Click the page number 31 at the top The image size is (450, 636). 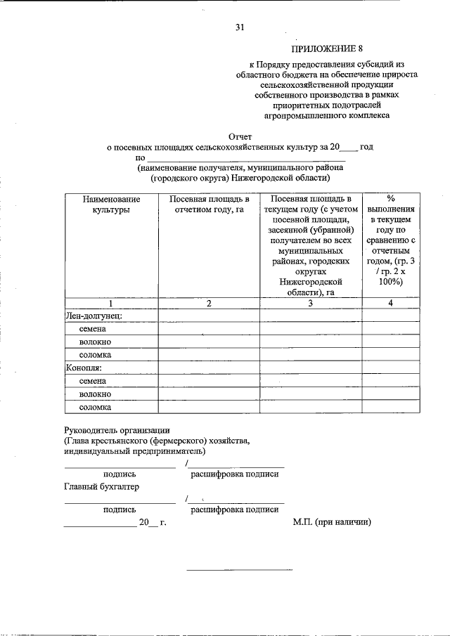pos(240,27)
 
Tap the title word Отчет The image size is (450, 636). pos(240,136)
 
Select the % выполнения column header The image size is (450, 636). pos(391,239)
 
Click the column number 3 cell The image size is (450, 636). pos(311,303)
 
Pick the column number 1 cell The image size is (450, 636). pos(110,303)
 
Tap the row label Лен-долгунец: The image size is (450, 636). pos(94,316)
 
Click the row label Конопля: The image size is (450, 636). pos(84,368)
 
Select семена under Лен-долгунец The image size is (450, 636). pos(94,329)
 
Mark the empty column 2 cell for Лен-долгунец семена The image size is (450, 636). pos(209,329)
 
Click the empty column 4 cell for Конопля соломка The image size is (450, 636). pos(391,407)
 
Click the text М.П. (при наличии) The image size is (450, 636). pos(332,522)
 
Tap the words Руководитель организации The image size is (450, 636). pos(117,429)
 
